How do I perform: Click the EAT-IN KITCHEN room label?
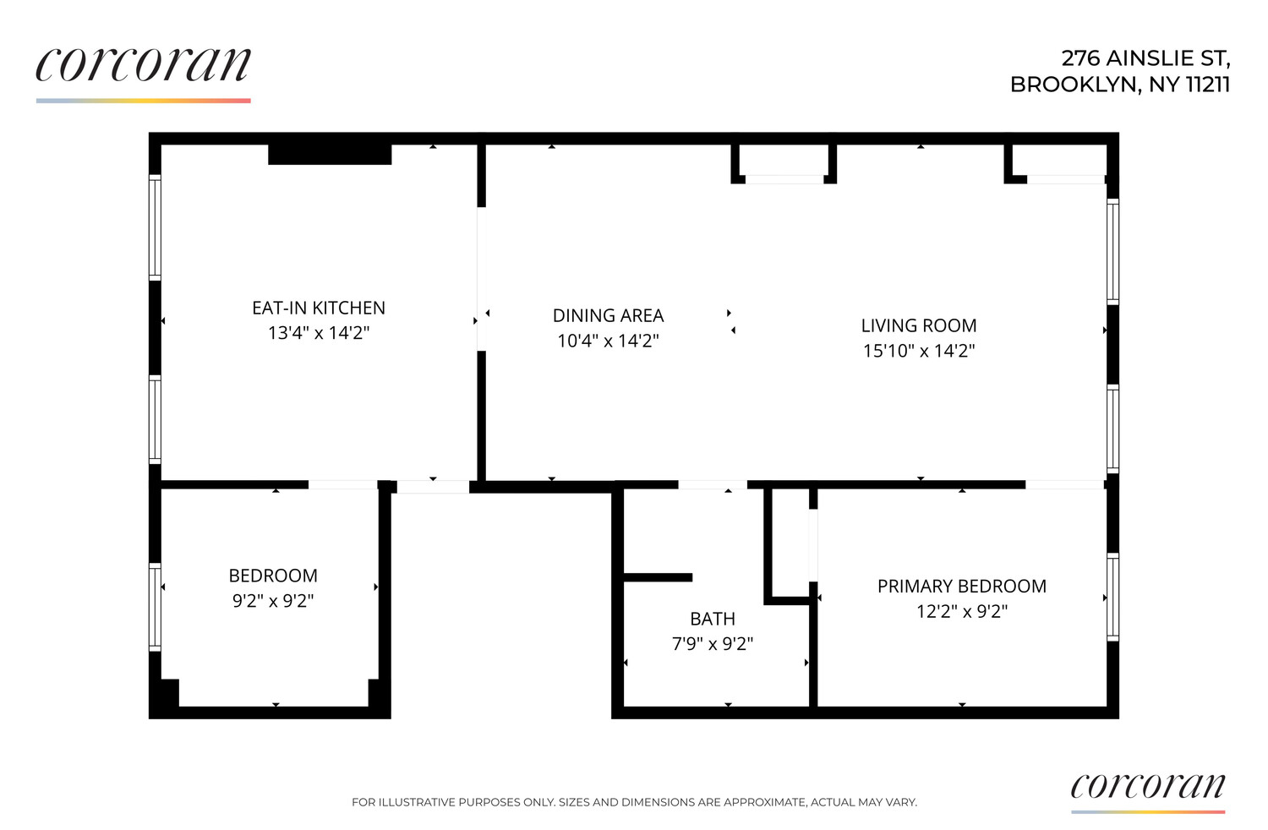pos(319,309)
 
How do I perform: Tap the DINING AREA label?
pos(608,316)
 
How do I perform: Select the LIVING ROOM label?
pos(919,326)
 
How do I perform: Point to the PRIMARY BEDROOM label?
pos(962,587)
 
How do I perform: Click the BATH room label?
pos(713,620)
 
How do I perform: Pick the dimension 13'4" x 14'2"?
pos(319,333)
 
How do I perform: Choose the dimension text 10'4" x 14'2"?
pos(608,341)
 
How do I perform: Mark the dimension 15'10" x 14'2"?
pos(919,352)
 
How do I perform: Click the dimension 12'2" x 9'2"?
pos(962,612)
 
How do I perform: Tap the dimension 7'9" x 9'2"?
pos(713,644)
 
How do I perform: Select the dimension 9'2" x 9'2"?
pos(273,601)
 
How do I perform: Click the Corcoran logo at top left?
pos(144,66)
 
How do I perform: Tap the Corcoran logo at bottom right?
pos(1147,788)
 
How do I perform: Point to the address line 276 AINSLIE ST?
pos(1145,58)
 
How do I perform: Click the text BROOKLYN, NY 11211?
pos(1120,85)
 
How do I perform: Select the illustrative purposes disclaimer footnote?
pos(634,802)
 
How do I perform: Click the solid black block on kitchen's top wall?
pos(330,155)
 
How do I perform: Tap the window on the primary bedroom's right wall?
pos(1113,597)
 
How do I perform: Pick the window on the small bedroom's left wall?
pos(156,606)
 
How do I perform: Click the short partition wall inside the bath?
pos(658,578)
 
